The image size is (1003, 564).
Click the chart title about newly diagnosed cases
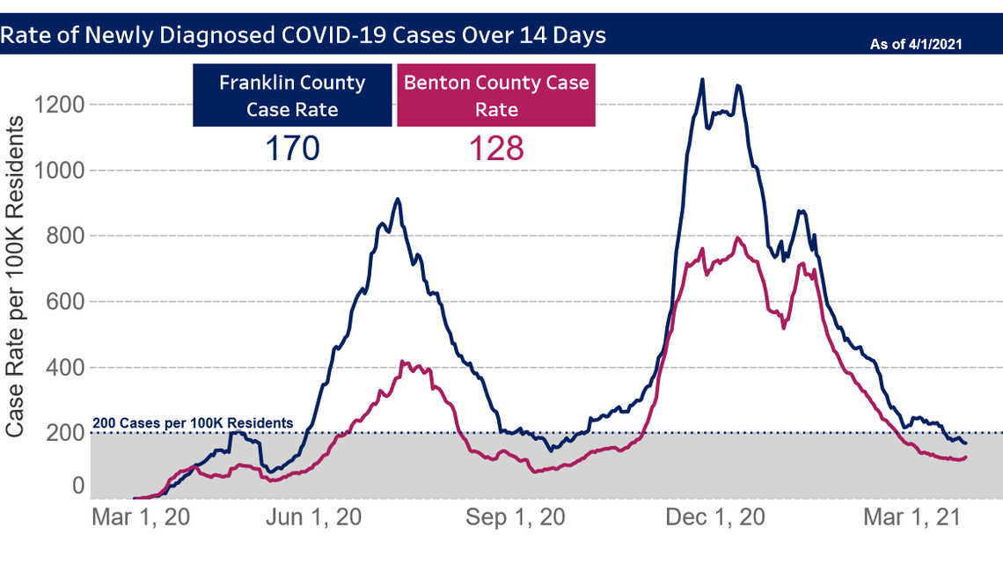coord(304,35)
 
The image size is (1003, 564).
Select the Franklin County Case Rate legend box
coord(292,95)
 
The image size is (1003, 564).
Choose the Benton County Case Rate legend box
coord(496,95)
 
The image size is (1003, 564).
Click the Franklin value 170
coord(292,148)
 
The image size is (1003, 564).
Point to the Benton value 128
coord(496,148)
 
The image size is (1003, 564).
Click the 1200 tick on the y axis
coord(59,105)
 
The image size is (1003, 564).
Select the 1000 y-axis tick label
coord(59,171)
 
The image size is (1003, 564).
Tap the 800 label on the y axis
coord(65,236)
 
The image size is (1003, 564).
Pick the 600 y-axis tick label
coord(65,302)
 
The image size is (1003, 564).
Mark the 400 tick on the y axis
coord(65,368)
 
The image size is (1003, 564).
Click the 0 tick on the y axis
coord(78,487)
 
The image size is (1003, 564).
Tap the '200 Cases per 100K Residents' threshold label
coord(193,423)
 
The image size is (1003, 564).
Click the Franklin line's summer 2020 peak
coord(398,200)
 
